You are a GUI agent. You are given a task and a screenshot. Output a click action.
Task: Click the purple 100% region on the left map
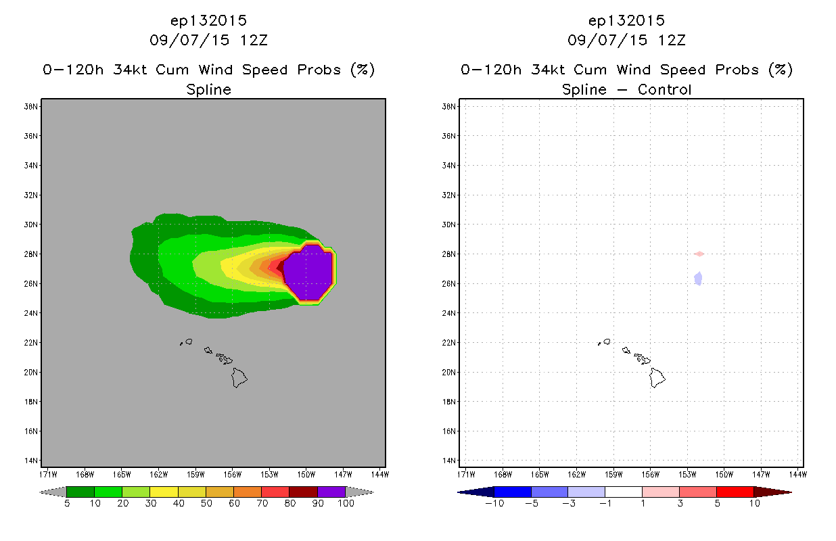pyautogui.click(x=308, y=273)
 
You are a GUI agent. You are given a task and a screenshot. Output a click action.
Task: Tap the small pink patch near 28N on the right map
pyautogui.click(x=699, y=254)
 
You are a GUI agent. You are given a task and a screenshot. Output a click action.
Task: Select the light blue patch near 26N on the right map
pyautogui.click(x=698, y=279)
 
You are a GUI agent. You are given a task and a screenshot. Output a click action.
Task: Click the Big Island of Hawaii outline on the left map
pyautogui.click(x=239, y=377)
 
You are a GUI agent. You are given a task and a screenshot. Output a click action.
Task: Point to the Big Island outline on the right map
pyautogui.click(x=657, y=377)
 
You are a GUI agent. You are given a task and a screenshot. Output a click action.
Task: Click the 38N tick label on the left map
pyautogui.click(x=30, y=107)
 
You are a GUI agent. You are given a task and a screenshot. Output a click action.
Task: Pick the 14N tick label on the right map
pyautogui.click(x=448, y=461)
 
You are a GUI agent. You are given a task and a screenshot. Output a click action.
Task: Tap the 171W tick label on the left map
pyautogui.click(x=48, y=475)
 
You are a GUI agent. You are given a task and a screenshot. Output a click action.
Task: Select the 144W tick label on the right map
pyautogui.click(x=798, y=475)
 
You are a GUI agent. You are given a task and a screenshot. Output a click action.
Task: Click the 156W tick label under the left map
pyautogui.click(x=232, y=475)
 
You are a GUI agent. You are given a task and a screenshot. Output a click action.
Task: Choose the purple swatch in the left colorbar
pyautogui.click(x=331, y=492)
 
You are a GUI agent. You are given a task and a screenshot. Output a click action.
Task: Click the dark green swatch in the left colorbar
pyautogui.click(x=80, y=492)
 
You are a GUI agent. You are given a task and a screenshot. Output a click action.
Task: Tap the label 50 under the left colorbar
pyautogui.click(x=206, y=503)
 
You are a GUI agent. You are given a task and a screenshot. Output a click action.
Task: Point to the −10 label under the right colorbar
pyautogui.click(x=494, y=503)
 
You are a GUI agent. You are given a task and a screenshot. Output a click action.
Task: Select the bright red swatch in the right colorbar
pyautogui.click(x=735, y=492)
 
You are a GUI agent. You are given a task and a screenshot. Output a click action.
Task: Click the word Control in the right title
pyautogui.click(x=664, y=89)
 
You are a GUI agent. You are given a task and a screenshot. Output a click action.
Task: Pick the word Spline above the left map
pyautogui.click(x=208, y=90)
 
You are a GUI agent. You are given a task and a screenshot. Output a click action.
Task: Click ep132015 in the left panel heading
pyautogui.click(x=208, y=21)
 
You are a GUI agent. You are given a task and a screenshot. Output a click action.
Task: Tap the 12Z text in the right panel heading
pyautogui.click(x=672, y=41)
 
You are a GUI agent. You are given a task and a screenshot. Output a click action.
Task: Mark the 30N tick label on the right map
pyautogui.click(x=448, y=225)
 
